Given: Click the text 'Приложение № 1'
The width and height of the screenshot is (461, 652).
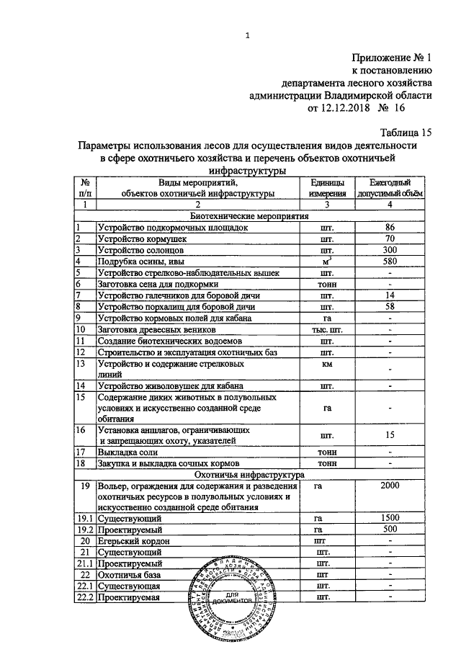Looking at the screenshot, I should [x=392, y=57].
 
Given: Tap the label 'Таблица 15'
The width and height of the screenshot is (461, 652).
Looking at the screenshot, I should [x=405, y=132].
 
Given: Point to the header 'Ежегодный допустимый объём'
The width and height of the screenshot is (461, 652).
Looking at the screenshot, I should [x=390, y=188].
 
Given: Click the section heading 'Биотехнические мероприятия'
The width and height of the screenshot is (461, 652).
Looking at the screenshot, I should [x=249, y=215].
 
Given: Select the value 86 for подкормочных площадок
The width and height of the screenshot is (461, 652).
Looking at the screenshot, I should [x=390, y=227].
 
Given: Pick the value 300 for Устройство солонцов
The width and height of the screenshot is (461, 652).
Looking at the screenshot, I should [x=390, y=250].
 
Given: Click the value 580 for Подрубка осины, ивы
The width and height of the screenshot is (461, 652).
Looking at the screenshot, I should [x=390, y=262].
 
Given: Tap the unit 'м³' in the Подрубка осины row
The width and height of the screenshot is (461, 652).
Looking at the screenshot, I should [x=328, y=262].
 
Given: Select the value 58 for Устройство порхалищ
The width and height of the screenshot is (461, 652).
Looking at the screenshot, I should [x=390, y=306].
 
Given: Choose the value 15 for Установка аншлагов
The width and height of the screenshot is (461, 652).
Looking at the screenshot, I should [x=390, y=434].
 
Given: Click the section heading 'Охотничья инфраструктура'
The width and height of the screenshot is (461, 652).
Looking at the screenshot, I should [x=249, y=475].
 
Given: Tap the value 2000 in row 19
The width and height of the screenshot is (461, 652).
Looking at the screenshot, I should [x=390, y=486].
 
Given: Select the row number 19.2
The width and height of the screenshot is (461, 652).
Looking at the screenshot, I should [x=85, y=529].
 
